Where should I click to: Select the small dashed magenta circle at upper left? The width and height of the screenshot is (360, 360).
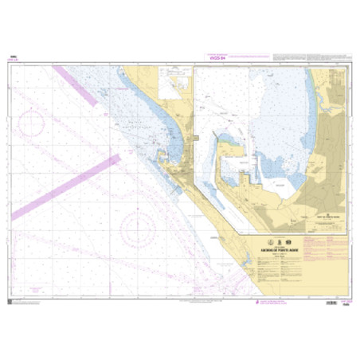point(33,124)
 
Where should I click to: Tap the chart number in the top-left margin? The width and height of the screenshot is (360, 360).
point(14,57)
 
